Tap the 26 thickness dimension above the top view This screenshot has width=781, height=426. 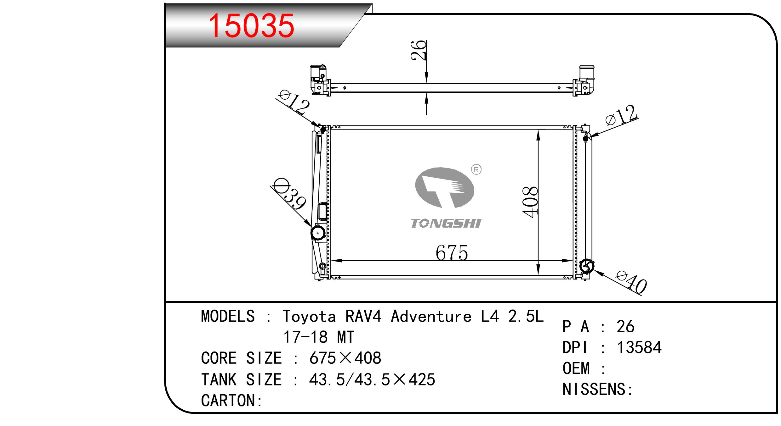pyautogui.click(x=419, y=50)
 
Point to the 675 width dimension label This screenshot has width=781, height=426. pyautogui.click(x=452, y=253)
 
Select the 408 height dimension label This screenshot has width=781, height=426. pyautogui.click(x=530, y=202)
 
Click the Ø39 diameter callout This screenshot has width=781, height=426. pyautogui.click(x=289, y=194)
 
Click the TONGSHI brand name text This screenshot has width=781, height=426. pyautogui.click(x=446, y=224)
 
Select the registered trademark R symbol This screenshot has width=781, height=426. pyautogui.click(x=476, y=170)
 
